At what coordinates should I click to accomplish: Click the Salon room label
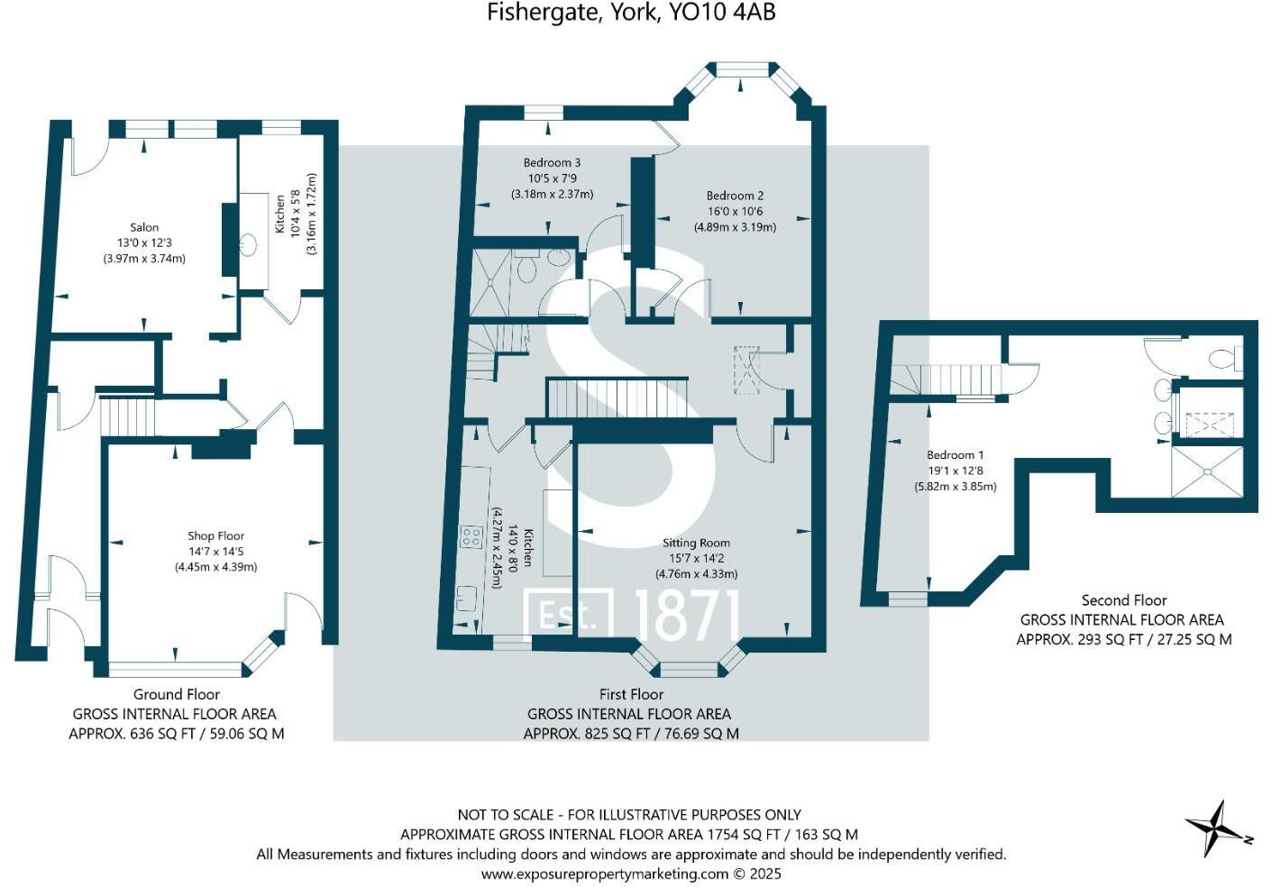click(x=144, y=227)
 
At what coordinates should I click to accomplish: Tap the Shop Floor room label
click(x=215, y=535)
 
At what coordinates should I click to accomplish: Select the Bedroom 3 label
click(x=552, y=162)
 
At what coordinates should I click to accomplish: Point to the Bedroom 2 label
click(x=735, y=196)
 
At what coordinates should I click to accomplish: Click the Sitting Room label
click(x=696, y=543)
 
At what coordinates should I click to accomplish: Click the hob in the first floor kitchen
click(x=471, y=537)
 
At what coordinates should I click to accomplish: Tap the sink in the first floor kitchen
click(x=466, y=597)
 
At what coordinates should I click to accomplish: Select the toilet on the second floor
click(x=1225, y=359)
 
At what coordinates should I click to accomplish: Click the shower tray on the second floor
click(x=1206, y=471)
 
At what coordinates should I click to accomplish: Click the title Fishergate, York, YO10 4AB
click(x=631, y=13)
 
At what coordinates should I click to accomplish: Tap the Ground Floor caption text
click(x=177, y=694)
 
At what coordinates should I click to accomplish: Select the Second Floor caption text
click(x=1124, y=600)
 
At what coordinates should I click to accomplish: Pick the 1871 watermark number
click(x=687, y=616)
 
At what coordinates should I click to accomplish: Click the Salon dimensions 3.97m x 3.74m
click(x=144, y=259)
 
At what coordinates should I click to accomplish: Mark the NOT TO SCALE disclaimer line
click(x=629, y=815)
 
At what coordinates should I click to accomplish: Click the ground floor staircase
click(x=127, y=417)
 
